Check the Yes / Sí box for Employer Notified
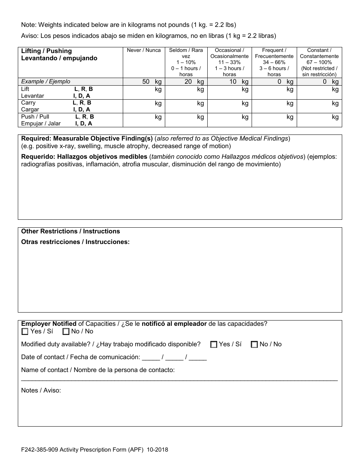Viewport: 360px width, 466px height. [25, 332]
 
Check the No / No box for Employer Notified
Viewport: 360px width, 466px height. [66, 332]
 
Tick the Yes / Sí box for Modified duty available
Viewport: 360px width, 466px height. [214, 344]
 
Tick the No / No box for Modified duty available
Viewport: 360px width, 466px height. [254, 344]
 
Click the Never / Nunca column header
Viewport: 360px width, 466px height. [144, 50]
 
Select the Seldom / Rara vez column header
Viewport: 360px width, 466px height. [186, 62]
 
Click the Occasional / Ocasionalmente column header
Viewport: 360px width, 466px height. [230, 62]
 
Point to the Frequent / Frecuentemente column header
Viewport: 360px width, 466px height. [274, 62]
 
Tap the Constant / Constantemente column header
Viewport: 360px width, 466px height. [319, 62]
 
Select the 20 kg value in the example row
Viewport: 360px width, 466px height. [194, 81]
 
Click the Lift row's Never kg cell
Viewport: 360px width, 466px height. [144, 92]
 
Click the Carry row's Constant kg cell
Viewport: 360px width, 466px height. [319, 106]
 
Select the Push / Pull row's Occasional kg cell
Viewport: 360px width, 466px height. [230, 120]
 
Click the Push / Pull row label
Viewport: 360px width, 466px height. [35, 117]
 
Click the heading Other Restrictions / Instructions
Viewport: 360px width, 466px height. [70, 231]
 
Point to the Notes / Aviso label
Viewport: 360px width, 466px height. [41, 390]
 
